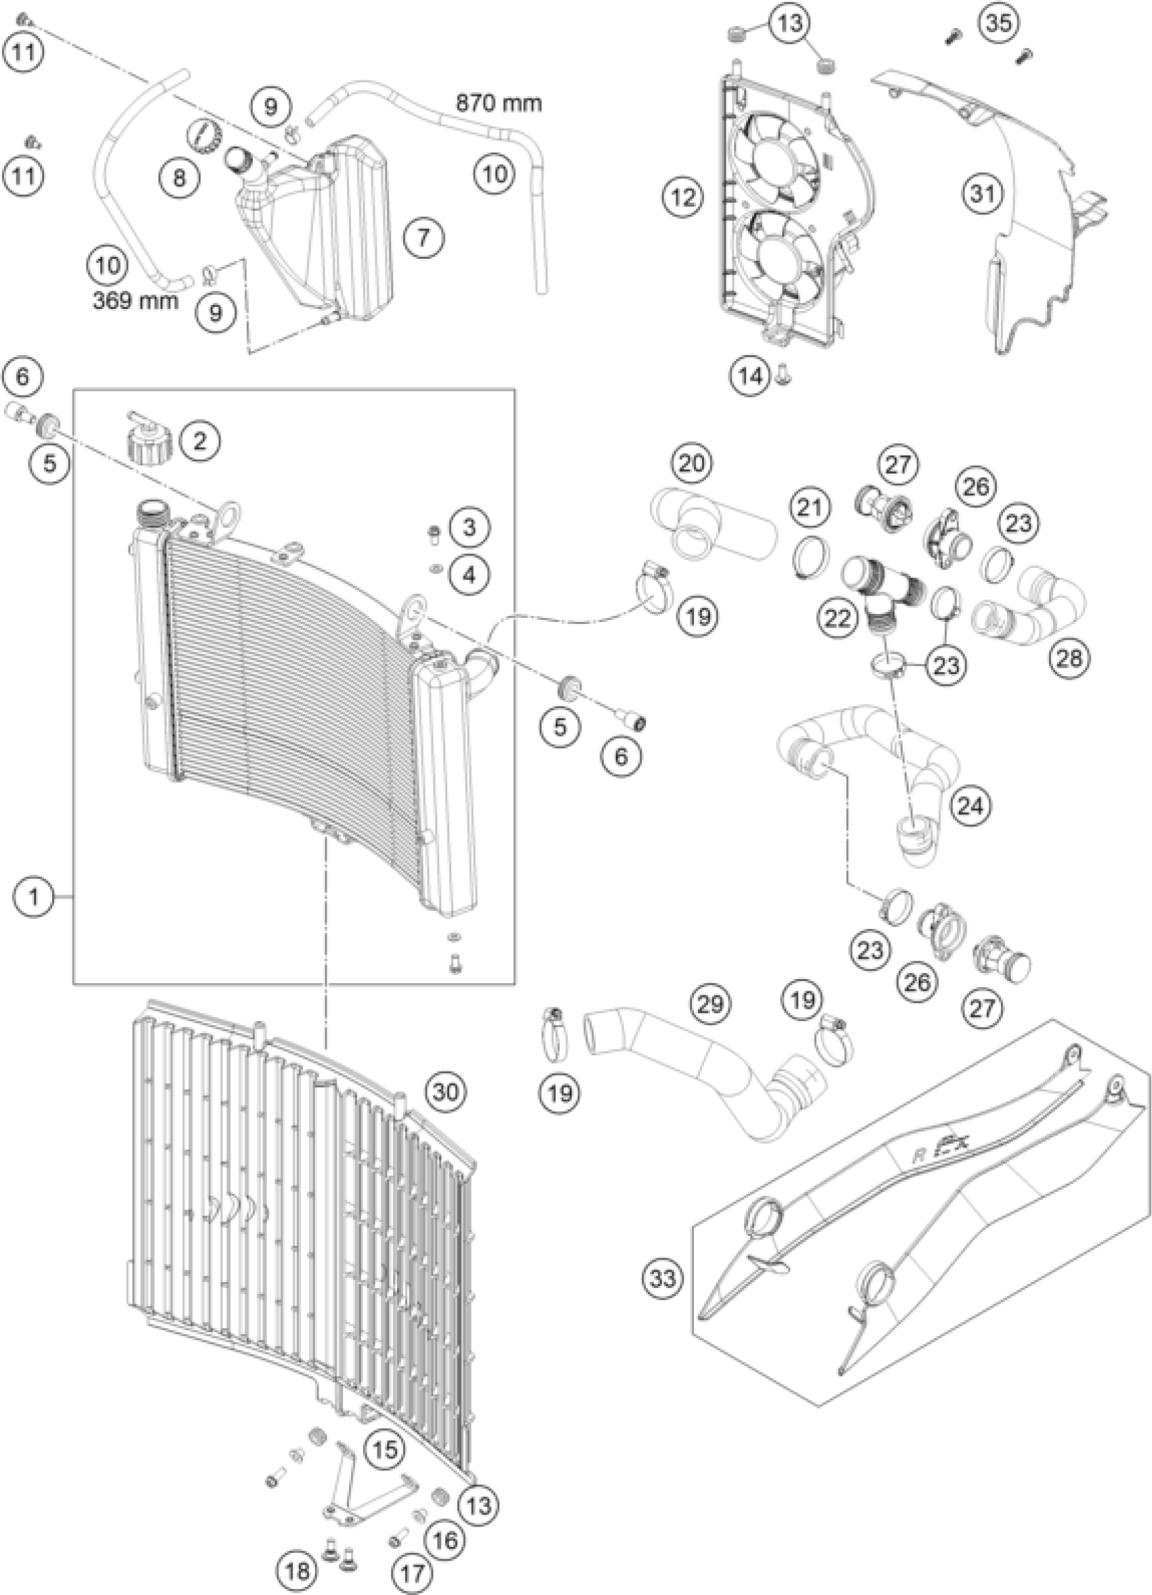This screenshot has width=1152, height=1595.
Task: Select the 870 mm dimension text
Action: click(499, 104)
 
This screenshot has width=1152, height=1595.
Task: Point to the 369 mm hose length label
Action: click(135, 301)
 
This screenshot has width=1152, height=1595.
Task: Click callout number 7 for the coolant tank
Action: click(423, 238)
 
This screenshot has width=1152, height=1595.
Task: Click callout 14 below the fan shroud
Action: click(750, 377)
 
